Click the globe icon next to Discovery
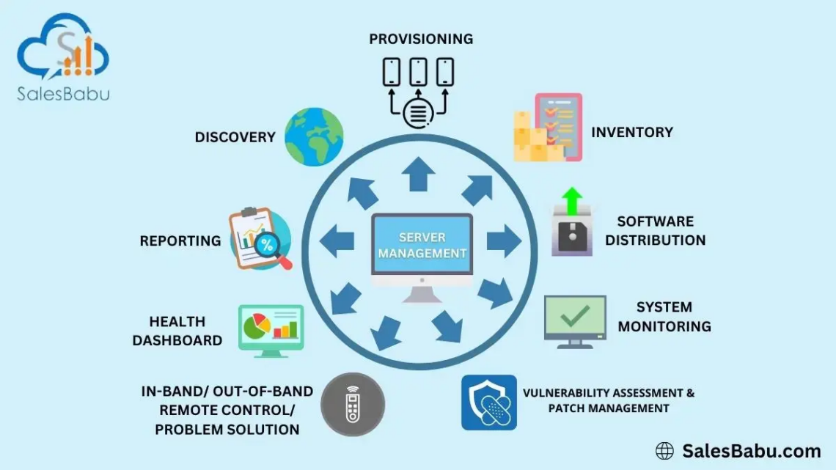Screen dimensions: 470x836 [314, 136]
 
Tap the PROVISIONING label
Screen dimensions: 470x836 [421, 39]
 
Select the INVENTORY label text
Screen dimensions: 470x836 [631, 133]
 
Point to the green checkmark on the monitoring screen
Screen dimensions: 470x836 [574, 315]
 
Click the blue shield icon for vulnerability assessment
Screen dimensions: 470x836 [488, 403]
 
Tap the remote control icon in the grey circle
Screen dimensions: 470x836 [353, 404]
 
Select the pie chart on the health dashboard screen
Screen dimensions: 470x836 [257, 326]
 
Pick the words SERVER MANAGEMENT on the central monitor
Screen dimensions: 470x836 [422, 245]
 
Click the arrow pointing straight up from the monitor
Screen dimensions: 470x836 [419, 175]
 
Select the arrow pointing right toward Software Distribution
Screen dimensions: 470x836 [503, 241]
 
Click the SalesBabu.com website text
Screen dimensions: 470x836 [752, 450]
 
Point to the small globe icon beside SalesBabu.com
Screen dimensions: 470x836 [664, 450]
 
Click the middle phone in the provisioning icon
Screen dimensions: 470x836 [418, 72]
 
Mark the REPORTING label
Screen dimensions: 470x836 [180, 240]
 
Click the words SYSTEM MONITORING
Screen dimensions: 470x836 [664, 317]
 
